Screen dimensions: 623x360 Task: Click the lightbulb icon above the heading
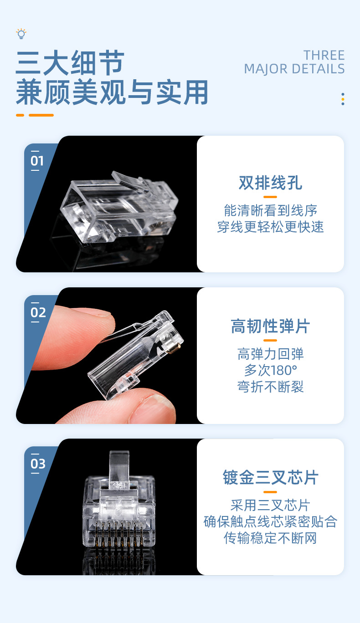[x=21, y=34]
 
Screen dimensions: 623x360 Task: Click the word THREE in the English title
[x=324, y=56]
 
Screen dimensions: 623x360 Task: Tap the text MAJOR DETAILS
[x=294, y=69]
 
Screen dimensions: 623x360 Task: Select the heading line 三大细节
[x=70, y=63]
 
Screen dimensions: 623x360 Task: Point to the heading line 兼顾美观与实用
[x=112, y=92]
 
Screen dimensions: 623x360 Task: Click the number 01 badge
[x=37, y=161]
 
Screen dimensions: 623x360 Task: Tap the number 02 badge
[x=38, y=312]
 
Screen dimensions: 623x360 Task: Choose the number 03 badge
[x=38, y=464]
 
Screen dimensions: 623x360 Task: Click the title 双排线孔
[x=270, y=183]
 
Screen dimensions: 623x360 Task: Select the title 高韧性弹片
[x=270, y=327]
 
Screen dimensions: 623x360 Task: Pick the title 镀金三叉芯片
[x=270, y=478]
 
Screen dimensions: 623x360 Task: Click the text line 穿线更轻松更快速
[x=270, y=227]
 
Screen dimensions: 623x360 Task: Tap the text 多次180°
[x=270, y=370]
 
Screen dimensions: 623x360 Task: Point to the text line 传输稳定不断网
[x=270, y=538]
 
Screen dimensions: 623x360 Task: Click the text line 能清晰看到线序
[x=270, y=210]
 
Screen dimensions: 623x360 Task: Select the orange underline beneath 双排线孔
[x=270, y=197]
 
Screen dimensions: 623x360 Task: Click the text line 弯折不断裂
[x=270, y=387]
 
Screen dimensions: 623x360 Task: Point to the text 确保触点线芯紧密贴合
[x=270, y=522]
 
